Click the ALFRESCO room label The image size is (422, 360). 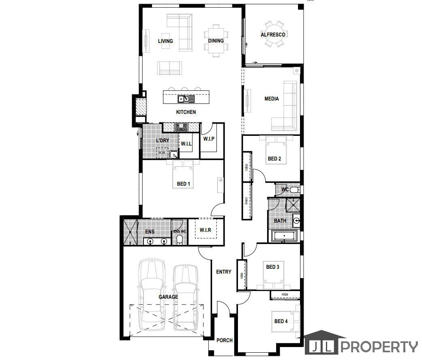coord(273,34)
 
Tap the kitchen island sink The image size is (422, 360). coord(186,99)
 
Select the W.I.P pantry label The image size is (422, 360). coord(209,139)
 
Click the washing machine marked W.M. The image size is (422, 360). coord(162,152)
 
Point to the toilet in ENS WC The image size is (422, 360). coord(179,240)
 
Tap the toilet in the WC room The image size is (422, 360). coord(295,190)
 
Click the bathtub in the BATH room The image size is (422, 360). coord(284,236)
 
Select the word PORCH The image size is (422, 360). coord(225,340)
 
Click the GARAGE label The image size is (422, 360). coord(168,297)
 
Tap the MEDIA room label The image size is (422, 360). coord(272,99)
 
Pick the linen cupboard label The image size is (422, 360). coord(246,201)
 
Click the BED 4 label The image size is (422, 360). coord(281,321)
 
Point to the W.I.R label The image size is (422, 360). coord(206,230)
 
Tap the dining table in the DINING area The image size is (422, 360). coord(216,41)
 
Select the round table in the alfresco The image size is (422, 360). coord(273,34)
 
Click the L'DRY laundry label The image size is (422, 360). coord(163,140)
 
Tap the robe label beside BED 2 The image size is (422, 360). coord(246,167)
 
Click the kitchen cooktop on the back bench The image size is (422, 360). coord(181,127)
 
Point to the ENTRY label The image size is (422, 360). coord(224,272)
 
